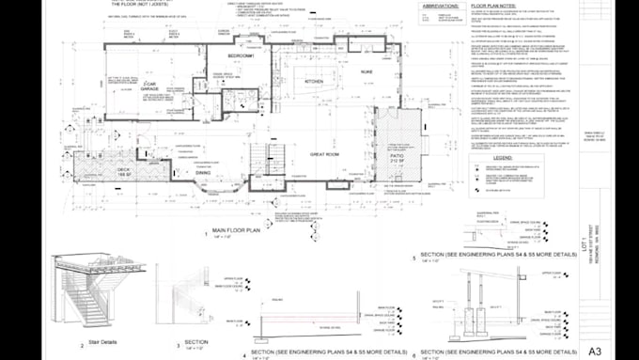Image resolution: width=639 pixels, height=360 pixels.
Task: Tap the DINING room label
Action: [x=203, y=173]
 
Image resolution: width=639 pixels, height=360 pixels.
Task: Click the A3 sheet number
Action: [x=594, y=351]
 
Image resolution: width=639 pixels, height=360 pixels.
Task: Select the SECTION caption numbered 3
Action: [x=196, y=342]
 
